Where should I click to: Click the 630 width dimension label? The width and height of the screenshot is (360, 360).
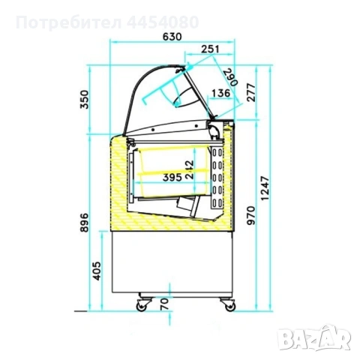[172, 37]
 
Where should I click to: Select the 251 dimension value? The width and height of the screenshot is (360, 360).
[210, 49]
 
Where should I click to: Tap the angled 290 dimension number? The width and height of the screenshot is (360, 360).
[230, 77]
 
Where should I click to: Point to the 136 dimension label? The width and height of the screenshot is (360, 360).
[221, 93]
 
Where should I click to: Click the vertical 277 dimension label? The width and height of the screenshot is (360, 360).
[251, 93]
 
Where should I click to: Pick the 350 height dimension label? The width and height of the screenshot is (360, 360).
[84, 100]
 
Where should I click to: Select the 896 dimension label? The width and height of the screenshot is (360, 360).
[84, 223]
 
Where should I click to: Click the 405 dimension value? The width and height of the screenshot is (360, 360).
[97, 271]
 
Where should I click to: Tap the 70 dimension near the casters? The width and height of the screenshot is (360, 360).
[165, 304]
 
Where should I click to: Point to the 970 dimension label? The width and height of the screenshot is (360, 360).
[251, 215]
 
